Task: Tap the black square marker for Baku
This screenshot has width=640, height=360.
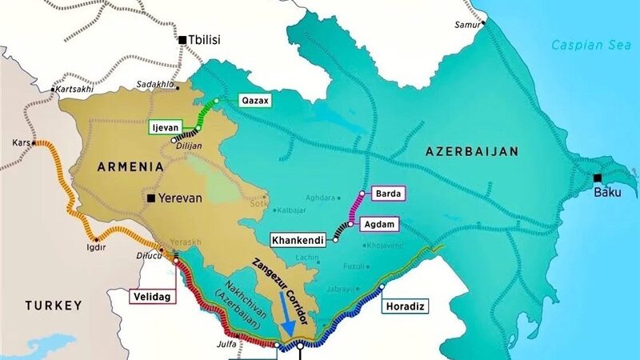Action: pyautogui.click(x=598, y=178)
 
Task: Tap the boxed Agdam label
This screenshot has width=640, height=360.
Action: pyautogui.click(x=381, y=225)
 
